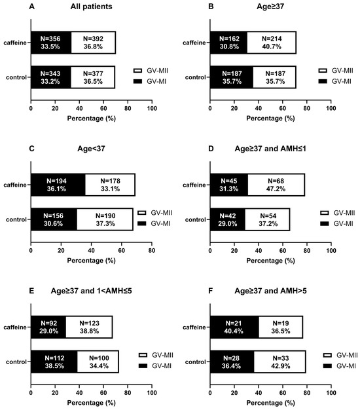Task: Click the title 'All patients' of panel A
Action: [91, 7]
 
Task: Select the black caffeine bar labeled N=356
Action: [51, 43]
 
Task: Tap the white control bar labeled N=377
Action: [93, 77]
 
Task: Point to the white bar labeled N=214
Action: [272, 43]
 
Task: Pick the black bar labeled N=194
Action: [58, 185]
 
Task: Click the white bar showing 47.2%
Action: [276, 185]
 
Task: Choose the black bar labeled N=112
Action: [54, 362]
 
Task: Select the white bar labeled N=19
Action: [281, 327]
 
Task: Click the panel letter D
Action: [211, 149]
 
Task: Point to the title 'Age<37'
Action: [91, 149]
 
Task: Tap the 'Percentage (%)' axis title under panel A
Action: [91, 118]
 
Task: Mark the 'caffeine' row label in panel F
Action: [194, 327]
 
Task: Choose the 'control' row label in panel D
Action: [196, 219]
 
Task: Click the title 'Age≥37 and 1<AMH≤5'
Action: [91, 291]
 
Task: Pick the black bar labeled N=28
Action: [232, 362]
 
